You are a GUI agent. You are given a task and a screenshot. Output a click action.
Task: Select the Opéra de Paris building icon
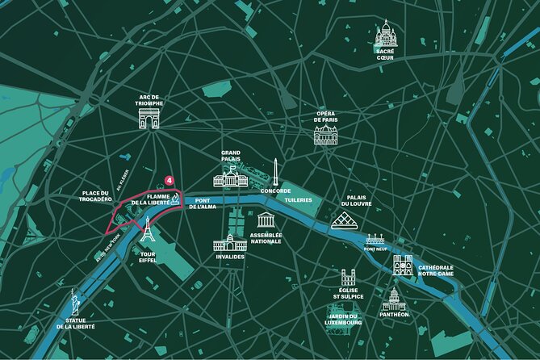(x=325, y=134)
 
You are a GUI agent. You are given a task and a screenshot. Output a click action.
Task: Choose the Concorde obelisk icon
(x=275, y=172)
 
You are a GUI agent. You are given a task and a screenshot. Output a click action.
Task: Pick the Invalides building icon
(x=230, y=241)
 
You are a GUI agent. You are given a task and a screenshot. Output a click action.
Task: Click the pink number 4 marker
(x=170, y=180)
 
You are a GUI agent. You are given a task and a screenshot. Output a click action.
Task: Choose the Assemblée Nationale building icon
(x=266, y=220)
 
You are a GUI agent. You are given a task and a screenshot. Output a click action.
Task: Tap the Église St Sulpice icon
(x=349, y=278)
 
